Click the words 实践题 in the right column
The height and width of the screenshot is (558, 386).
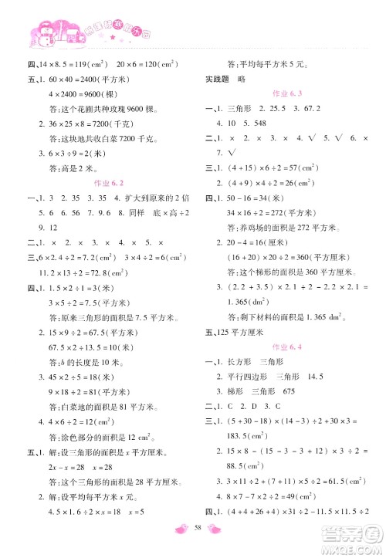[217, 89]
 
